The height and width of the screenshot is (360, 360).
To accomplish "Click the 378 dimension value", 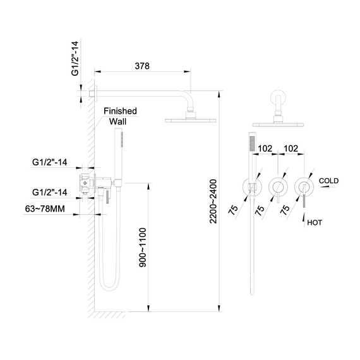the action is pos(142,66).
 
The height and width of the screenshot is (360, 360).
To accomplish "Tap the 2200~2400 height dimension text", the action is pos(213,201).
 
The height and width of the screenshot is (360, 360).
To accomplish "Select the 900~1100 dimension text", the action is pos(143,248).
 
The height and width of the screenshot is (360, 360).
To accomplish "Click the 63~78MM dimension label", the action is pos(45,209).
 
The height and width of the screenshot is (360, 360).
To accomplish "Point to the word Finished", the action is pos(120,111).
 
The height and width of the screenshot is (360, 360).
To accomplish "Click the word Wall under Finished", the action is pos(117,121).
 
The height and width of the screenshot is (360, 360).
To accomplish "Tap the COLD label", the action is pos(329,181).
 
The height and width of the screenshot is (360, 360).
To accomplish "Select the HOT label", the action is pos(315,222).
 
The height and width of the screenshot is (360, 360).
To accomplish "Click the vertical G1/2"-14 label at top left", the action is pos(75,59).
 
